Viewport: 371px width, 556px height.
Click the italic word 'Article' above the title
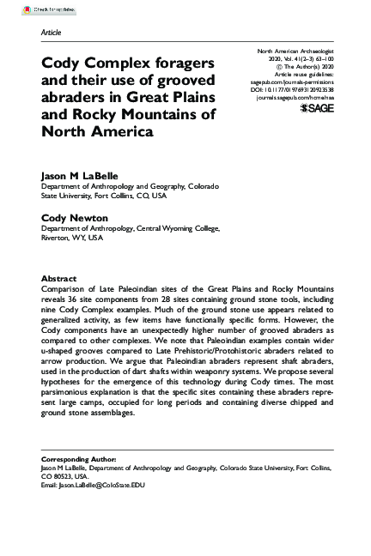pos(52,32)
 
